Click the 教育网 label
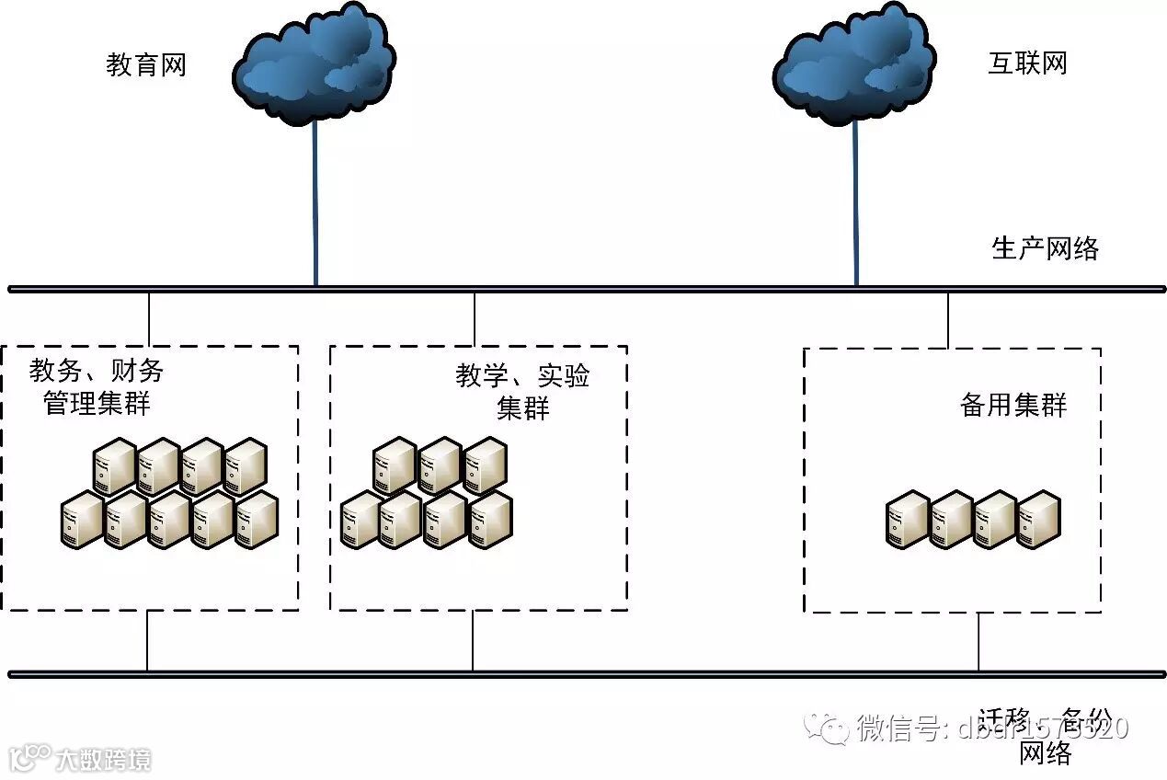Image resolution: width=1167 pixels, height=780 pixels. pyautogui.click(x=146, y=65)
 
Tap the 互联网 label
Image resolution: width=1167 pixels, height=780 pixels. pyautogui.click(x=1027, y=63)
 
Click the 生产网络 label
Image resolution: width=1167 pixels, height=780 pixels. pyautogui.click(x=1045, y=248)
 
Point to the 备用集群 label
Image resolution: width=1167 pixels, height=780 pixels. pyautogui.click(x=1013, y=406)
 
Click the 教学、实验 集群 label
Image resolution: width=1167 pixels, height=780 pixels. pyautogui.click(x=522, y=391)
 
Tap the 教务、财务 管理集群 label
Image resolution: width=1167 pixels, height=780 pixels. pyautogui.click(x=97, y=386)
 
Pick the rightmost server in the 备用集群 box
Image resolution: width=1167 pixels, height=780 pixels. pyautogui.click(x=1039, y=521)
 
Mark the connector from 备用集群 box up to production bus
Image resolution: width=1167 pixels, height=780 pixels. pyautogui.click(x=948, y=319)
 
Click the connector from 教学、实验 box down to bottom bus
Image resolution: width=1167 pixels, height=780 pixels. pyautogui.click(x=473, y=641)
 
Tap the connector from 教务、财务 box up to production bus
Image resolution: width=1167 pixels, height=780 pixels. pyautogui.click(x=148, y=318)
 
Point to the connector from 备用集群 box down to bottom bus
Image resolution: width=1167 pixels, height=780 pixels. pyautogui.click(x=978, y=642)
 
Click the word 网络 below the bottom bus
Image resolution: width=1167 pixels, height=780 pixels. pyautogui.click(x=1046, y=754)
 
